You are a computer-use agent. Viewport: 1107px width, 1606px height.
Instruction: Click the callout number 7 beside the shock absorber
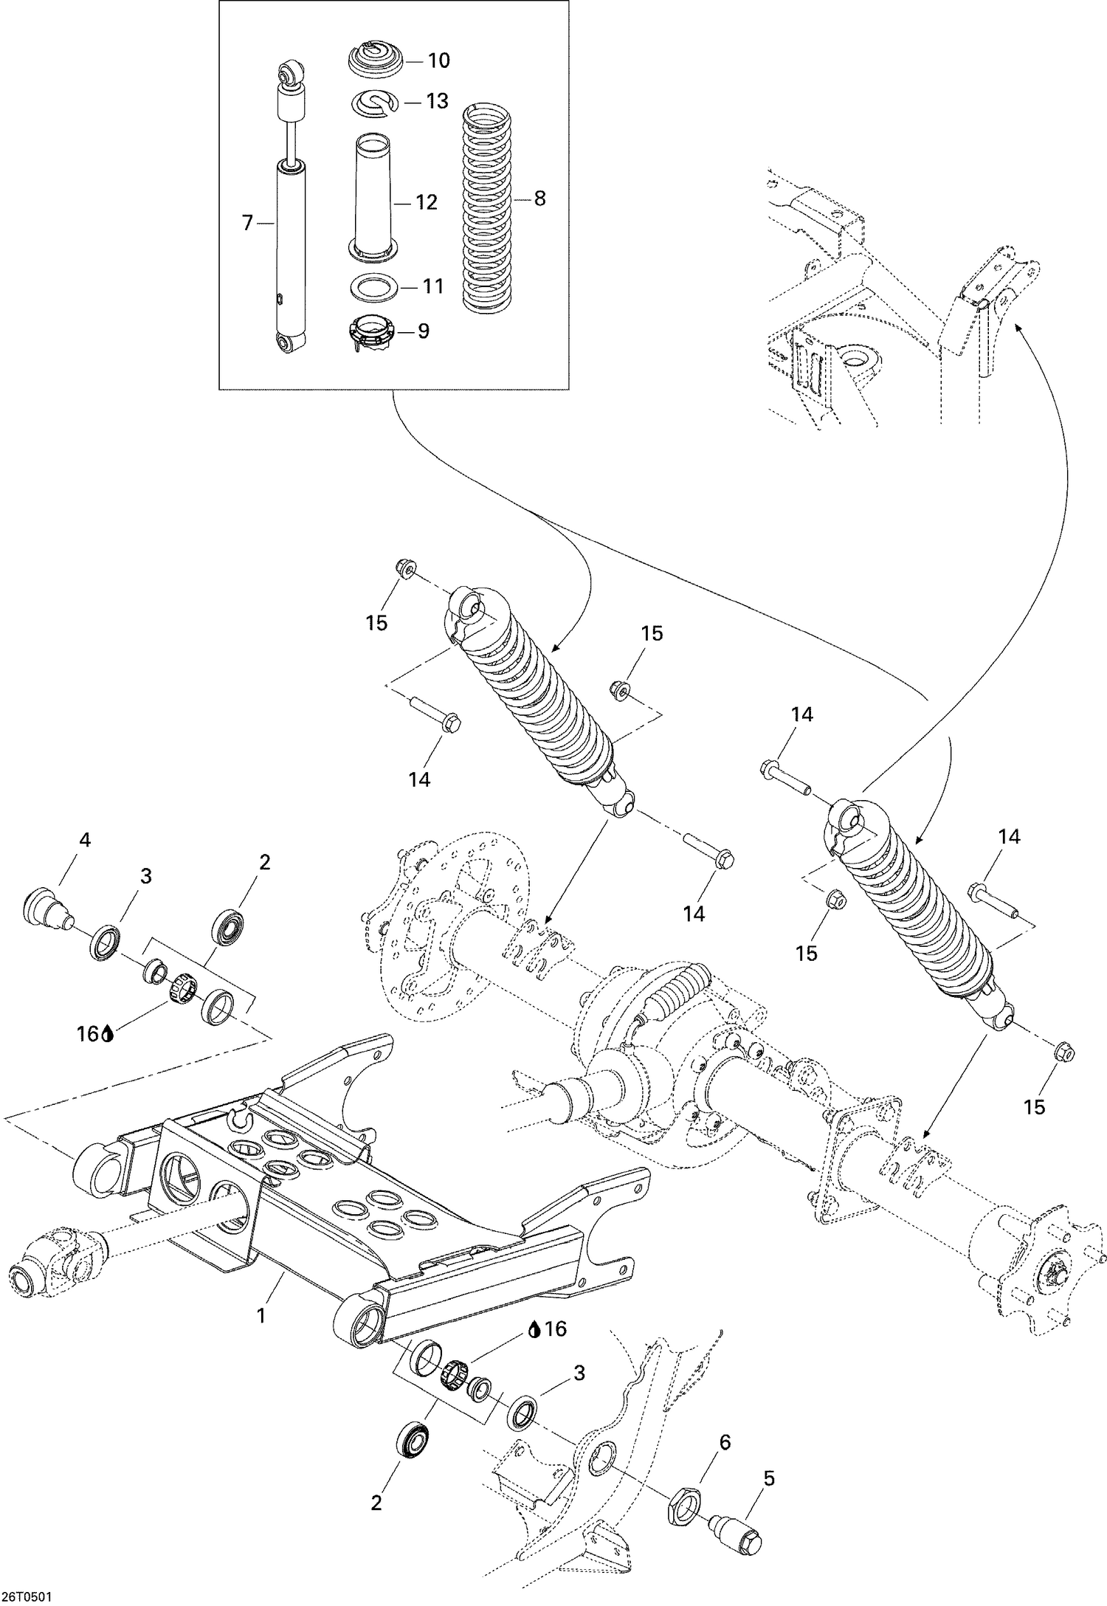point(247,222)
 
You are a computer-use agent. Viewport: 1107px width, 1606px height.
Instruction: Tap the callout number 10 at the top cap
point(438,61)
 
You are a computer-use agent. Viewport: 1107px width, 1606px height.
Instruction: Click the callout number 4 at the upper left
point(85,839)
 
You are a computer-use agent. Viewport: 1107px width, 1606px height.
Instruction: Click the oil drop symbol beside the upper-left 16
point(108,1035)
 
